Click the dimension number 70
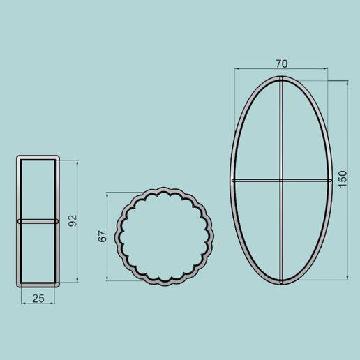click(x=281, y=63)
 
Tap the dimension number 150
click(x=341, y=179)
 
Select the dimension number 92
click(x=72, y=221)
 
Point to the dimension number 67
click(x=102, y=236)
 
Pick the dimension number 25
click(x=38, y=299)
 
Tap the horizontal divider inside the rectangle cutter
click(x=38, y=222)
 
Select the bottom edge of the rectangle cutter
click(x=38, y=285)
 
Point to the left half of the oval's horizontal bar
click(x=255, y=179)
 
